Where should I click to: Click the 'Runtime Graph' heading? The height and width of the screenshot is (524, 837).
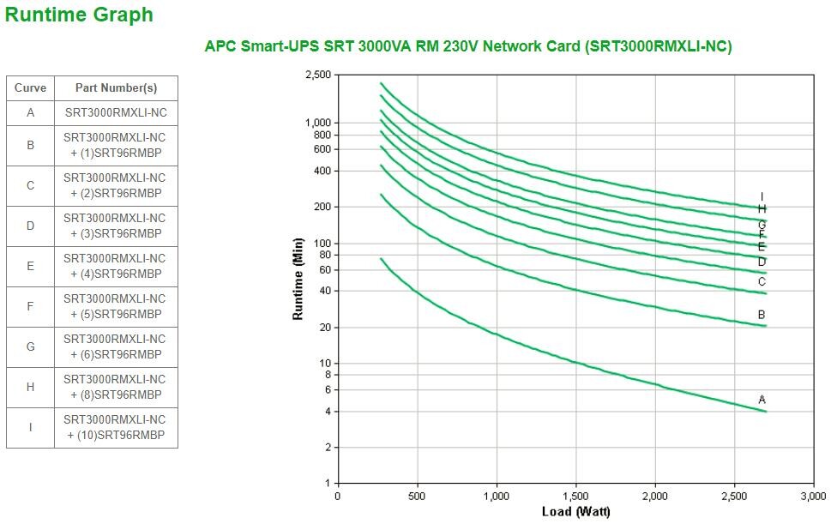[x=79, y=15]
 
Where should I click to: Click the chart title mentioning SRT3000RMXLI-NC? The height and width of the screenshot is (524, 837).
[x=468, y=46]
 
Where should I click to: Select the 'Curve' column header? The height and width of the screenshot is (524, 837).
[x=30, y=87]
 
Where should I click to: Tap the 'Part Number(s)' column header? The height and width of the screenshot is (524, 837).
[x=116, y=87]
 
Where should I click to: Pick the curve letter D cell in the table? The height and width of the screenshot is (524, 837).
[x=30, y=226]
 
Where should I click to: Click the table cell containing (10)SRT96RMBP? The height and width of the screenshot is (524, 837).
[x=116, y=427]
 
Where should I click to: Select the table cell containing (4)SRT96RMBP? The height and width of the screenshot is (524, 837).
[x=116, y=266]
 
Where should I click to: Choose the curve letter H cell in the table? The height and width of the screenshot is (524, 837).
[x=30, y=387]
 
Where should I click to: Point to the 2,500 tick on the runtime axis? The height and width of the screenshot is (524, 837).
[x=318, y=75]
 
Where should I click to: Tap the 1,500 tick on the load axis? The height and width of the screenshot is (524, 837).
[x=575, y=496]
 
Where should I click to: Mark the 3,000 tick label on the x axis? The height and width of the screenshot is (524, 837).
[x=813, y=496]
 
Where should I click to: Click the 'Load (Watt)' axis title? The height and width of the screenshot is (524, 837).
[x=575, y=512]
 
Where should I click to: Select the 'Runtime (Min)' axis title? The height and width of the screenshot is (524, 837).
[x=298, y=279]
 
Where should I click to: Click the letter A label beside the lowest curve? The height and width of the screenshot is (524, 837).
[x=762, y=400]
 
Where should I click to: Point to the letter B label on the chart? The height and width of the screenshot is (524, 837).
[x=762, y=315]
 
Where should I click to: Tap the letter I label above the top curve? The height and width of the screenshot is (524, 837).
[x=762, y=197]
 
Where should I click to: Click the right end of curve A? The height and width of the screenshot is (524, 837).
[x=765, y=412]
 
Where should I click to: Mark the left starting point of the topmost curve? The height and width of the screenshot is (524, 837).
[x=381, y=83]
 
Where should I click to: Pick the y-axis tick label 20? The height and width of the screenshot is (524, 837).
[x=324, y=328]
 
